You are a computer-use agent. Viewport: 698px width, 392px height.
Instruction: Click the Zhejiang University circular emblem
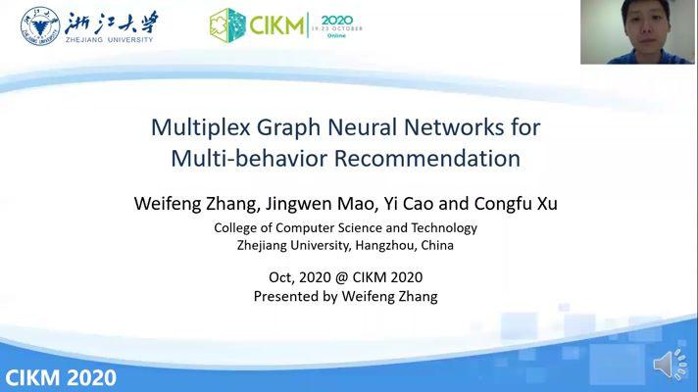[40, 25]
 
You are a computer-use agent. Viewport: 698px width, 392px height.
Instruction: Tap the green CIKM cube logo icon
[227, 25]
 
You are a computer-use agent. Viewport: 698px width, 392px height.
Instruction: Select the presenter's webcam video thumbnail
[637, 32]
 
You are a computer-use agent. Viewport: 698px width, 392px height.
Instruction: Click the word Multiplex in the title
[200, 127]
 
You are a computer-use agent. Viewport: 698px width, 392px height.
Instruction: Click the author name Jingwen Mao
[321, 204]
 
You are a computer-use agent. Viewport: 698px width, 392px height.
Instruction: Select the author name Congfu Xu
[516, 203]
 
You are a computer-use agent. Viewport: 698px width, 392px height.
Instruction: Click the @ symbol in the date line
[341, 277]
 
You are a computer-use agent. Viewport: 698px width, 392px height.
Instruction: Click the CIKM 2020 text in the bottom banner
[61, 377]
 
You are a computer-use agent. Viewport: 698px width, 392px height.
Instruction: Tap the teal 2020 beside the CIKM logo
[337, 20]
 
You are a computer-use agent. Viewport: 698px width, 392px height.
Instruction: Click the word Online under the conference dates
[336, 35]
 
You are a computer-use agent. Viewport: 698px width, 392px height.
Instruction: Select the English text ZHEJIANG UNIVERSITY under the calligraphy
[109, 39]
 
